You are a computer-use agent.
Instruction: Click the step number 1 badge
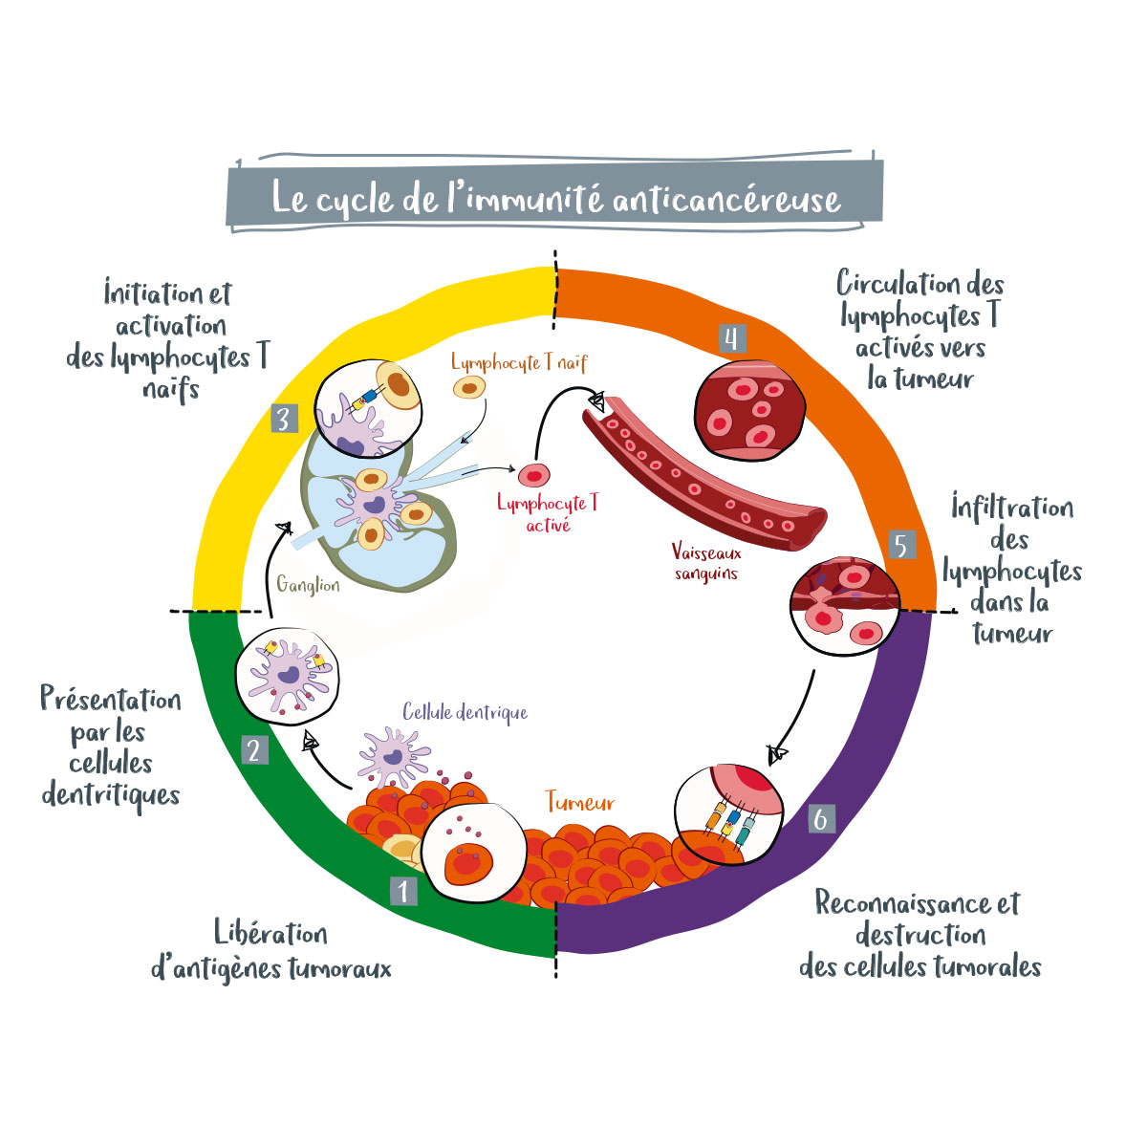point(403,891)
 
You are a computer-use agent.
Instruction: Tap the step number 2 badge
point(253,750)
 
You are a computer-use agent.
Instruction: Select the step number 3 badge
point(284,419)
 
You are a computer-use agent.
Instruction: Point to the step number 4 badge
point(731,338)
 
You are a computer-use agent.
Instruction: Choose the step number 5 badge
point(900,545)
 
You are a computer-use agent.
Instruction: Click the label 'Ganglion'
point(308,585)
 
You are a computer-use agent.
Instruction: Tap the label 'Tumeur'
point(580,802)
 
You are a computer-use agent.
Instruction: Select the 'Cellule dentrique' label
point(465,712)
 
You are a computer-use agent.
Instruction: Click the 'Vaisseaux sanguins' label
point(706,563)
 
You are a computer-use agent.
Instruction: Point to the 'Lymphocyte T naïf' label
point(519,363)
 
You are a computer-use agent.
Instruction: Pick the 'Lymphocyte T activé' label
point(548,513)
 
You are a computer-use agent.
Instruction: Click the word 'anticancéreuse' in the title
point(726,199)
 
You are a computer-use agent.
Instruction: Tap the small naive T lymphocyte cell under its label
point(468,387)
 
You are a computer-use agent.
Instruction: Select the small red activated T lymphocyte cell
point(534,473)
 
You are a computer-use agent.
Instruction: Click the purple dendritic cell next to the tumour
point(393,755)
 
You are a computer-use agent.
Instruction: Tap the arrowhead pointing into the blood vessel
point(596,403)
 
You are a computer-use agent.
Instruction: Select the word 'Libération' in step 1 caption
point(271,934)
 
